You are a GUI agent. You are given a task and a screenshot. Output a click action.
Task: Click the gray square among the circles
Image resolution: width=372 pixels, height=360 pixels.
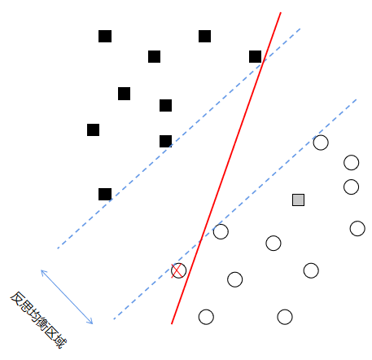tap(298, 200)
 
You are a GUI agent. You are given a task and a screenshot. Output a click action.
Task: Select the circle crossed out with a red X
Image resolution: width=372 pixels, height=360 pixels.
tap(178, 270)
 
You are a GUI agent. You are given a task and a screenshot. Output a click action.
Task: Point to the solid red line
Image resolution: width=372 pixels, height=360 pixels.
tap(226, 168)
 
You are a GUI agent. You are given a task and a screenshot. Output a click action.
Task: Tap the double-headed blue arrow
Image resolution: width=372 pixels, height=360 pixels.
tap(67, 296)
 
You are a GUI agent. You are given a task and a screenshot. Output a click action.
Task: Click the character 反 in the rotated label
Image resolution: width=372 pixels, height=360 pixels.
tap(18, 299)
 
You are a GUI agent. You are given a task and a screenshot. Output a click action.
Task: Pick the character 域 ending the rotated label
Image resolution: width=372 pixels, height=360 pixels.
tap(59, 340)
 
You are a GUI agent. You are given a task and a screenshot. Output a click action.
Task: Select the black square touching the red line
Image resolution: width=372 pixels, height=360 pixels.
tap(255, 56)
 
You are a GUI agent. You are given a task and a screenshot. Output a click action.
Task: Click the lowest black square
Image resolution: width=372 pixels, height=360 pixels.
tap(105, 194)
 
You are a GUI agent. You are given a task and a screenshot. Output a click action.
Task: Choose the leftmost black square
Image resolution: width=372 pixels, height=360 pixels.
tap(93, 130)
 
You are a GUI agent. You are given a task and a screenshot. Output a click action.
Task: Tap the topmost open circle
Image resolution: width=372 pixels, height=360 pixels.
tap(321, 143)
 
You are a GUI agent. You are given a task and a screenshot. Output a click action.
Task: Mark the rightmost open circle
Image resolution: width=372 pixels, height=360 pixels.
tap(357, 228)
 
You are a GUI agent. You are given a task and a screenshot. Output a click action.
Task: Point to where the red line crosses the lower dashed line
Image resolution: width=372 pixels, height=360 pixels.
tap(200, 240)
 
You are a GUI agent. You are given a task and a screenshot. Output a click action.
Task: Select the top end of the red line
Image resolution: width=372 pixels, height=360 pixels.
tap(281, 12)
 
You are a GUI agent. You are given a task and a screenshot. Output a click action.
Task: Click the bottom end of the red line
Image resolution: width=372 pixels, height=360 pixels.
tap(172, 323)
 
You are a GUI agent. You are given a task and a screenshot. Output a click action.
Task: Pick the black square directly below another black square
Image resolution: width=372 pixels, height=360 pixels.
tap(165, 141)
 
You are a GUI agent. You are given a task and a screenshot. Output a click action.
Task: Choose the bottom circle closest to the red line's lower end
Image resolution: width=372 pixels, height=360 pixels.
tap(206, 317)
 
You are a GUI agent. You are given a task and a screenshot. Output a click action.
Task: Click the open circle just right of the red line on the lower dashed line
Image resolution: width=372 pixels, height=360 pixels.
tap(221, 231)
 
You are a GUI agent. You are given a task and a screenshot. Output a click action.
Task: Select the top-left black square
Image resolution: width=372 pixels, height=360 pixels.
tap(105, 36)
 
